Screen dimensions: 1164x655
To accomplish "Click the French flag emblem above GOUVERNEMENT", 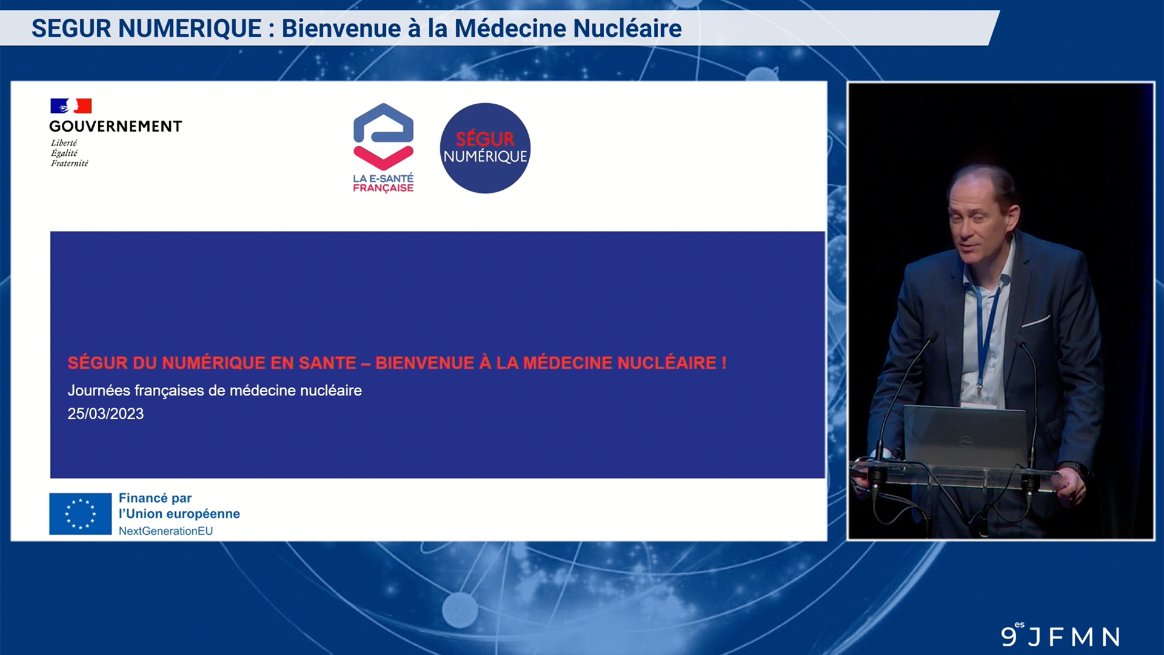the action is pyautogui.click(x=71, y=106).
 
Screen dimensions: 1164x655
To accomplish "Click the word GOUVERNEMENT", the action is pyautogui.click(x=115, y=126).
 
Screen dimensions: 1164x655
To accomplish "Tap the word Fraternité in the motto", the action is pyautogui.click(x=69, y=163).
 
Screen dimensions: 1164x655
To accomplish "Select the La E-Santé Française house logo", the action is pyautogui.click(x=383, y=148).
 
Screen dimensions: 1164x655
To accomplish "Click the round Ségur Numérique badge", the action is pyautogui.click(x=485, y=148).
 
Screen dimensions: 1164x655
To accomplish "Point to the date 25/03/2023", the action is pyautogui.click(x=105, y=414).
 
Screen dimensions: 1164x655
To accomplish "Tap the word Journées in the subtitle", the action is pyautogui.click(x=98, y=391).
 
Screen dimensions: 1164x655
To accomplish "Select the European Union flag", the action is pyautogui.click(x=81, y=514).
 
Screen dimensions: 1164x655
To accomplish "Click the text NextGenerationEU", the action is pyautogui.click(x=166, y=531).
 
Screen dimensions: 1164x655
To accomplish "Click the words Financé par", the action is pyautogui.click(x=155, y=498).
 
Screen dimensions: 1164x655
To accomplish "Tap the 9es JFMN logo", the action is pyautogui.click(x=1060, y=635).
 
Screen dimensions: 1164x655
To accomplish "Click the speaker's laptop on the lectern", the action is pyautogui.click(x=965, y=437).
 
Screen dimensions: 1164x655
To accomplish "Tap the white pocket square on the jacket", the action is pyautogui.click(x=1036, y=320).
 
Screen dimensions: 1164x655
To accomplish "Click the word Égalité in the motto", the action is pyautogui.click(x=64, y=153).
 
